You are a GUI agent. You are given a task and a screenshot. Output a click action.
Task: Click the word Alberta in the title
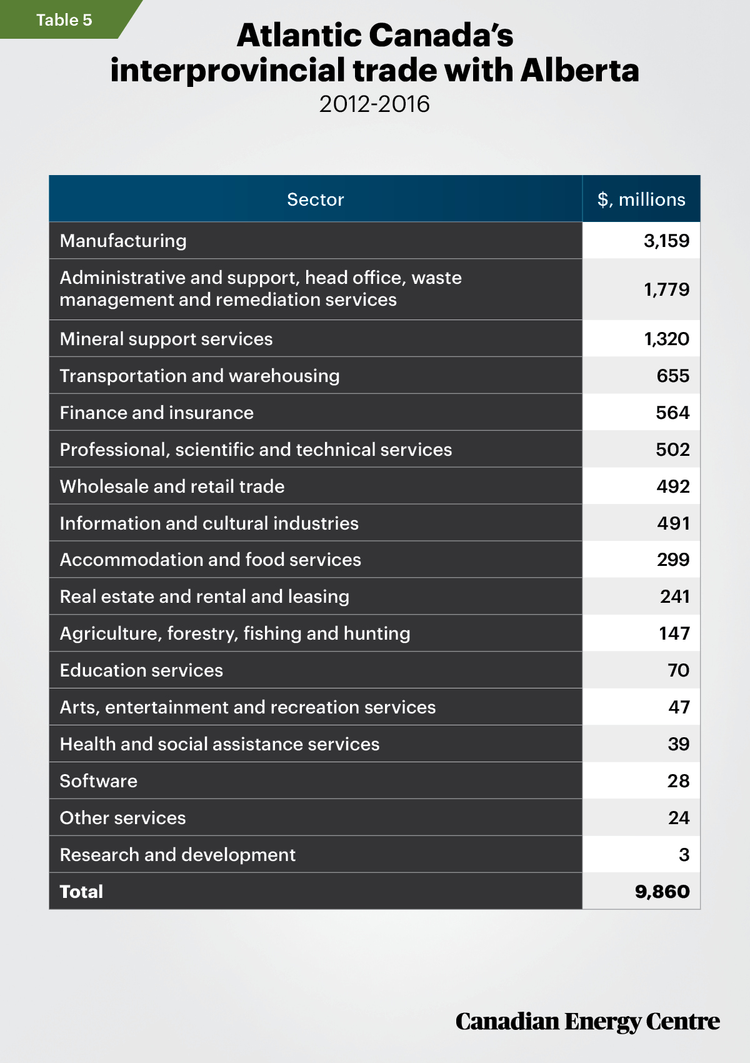pos(580,70)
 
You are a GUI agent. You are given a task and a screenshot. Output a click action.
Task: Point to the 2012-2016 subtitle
pos(374,104)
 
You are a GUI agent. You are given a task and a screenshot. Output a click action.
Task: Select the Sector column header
pos(316,199)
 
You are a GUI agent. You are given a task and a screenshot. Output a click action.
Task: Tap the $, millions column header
pos(641,199)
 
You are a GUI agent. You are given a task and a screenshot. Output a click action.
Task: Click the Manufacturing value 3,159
pos(666,241)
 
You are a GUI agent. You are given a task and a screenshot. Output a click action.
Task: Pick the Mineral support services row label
pos(166,339)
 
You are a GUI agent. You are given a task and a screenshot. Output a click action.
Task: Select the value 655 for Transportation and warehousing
pos(673,376)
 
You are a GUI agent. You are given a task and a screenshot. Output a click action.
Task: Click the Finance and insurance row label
pos(156,413)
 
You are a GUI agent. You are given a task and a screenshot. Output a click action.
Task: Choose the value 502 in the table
pos(672,450)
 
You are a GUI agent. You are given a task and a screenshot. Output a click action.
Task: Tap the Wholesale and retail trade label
pos(172,486)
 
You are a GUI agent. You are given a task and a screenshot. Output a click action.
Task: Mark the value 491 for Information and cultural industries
pos(674,523)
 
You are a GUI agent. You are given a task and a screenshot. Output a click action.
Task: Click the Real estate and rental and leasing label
pos(204,597)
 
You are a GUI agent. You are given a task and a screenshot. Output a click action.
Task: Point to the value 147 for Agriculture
pos(674,633)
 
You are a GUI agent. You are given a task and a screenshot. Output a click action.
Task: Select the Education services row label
pos(141,670)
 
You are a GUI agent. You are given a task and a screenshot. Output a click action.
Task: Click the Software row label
pos(99,780)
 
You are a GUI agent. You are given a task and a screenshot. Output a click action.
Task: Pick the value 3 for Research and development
pos(684,854)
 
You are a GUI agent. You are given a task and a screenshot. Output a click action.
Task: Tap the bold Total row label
pos(81,892)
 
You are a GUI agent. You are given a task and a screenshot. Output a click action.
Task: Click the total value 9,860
pos(662,892)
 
